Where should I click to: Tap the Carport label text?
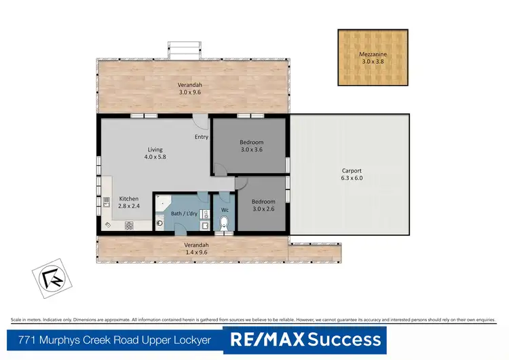pyautogui.click(x=352, y=170)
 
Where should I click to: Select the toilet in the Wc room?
pyautogui.click(x=224, y=221)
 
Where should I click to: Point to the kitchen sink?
pyautogui.click(x=107, y=202)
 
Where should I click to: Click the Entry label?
pyautogui.click(x=202, y=137)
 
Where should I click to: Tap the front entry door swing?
pyautogui.click(x=200, y=122)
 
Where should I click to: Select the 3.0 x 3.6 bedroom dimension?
pyautogui.click(x=250, y=149)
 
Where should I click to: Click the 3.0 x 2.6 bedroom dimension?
pyautogui.click(x=263, y=209)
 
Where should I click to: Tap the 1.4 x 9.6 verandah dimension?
pyautogui.click(x=195, y=252)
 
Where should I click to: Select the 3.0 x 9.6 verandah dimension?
pyautogui.click(x=190, y=92)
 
